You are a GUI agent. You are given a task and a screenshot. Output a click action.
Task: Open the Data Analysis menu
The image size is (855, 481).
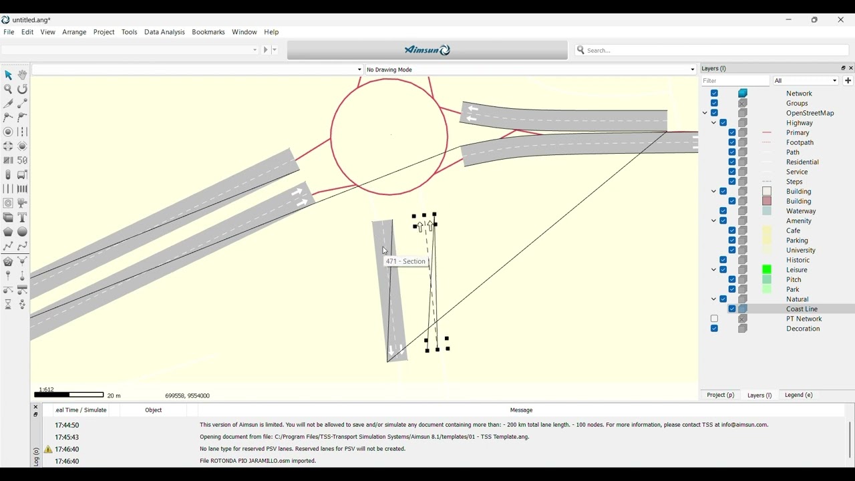pyautogui.click(x=164, y=32)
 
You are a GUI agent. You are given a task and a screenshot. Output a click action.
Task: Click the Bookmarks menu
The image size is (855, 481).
pyautogui.click(x=208, y=32)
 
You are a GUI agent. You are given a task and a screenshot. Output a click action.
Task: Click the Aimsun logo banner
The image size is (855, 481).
pyautogui.click(x=427, y=50)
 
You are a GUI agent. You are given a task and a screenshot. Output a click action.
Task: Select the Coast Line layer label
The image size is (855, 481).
pyautogui.click(x=802, y=309)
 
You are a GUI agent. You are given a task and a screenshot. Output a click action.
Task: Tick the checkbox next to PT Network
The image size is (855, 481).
pyautogui.click(x=714, y=319)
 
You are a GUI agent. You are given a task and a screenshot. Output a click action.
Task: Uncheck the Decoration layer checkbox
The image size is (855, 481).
pyautogui.click(x=714, y=329)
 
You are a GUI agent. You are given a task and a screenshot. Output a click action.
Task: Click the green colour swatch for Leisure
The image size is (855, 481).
pyautogui.click(x=767, y=270)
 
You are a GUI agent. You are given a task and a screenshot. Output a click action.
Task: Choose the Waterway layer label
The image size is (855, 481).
pyautogui.click(x=801, y=211)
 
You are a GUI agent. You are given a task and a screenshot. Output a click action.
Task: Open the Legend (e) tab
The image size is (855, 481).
pyautogui.click(x=799, y=395)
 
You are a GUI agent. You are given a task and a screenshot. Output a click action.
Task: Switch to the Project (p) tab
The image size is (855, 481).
pyautogui.click(x=720, y=395)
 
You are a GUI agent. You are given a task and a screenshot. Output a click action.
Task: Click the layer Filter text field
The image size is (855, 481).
pyautogui.click(x=735, y=81)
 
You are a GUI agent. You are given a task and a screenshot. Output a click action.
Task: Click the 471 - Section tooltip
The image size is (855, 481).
pyautogui.click(x=405, y=261)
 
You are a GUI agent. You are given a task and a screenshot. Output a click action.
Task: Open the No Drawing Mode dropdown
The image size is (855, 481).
pyautogui.click(x=530, y=69)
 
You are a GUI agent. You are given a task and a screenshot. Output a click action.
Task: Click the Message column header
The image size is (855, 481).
pyautogui.click(x=521, y=410)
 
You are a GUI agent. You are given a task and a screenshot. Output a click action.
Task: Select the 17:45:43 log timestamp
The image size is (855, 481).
pyautogui.click(x=67, y=438)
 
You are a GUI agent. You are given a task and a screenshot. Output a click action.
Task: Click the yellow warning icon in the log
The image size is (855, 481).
pyautogui.click(x=48, y=450)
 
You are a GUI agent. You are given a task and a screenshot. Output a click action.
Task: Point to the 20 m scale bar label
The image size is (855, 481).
pyautogui.click(x=114, y=396)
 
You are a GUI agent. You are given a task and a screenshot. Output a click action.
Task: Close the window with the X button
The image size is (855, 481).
pyautogui.click(x=841, y=20)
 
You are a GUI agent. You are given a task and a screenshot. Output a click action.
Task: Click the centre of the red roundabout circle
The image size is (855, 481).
pyautogui.click(x=389, y=137)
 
